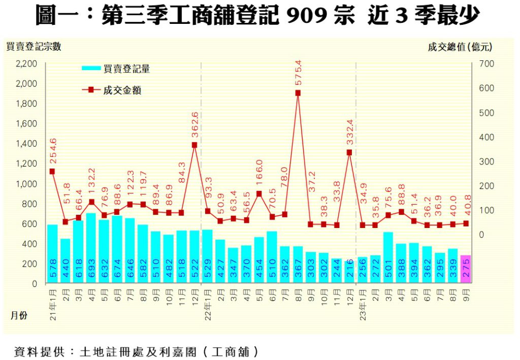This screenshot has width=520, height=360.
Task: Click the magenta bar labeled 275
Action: [466, 270]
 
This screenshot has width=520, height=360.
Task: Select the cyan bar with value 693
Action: [91, 248]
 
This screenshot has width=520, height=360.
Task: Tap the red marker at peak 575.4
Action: [298, 93]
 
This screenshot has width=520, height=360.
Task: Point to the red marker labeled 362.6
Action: [194, 145]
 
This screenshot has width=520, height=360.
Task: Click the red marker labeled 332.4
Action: [349, 152]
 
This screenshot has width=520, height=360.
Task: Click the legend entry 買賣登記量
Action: [126, 69]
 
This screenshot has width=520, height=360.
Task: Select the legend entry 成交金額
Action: [122, 90]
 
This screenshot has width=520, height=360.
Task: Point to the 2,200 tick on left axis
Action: [26, 64]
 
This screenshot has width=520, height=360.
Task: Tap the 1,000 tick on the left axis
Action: [26, 184]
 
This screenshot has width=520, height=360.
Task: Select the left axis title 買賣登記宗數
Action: [34, 47]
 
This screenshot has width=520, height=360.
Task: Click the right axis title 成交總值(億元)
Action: [460, 47]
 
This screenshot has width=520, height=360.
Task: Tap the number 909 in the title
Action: [306, 16]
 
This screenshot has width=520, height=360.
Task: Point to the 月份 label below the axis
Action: [19, 316]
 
